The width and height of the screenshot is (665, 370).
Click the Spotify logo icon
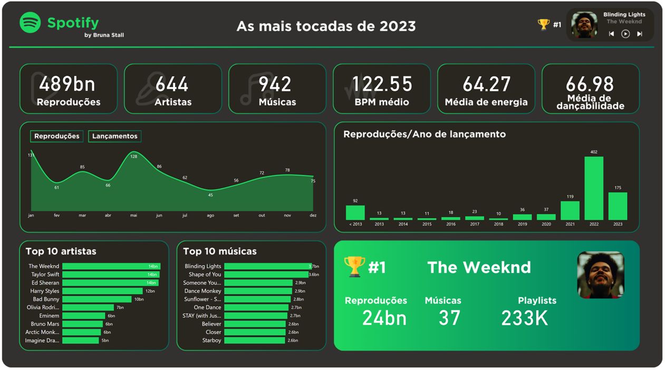(x=30, y=23)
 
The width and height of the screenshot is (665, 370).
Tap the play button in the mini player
(x=625, y=34)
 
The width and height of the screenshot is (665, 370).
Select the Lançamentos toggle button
(x=114, y=136)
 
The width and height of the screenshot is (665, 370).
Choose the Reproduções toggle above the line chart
(x=56, y=136)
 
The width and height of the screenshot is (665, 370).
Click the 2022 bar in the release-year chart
(x=594, y=188)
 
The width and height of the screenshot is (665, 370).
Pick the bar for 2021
(x=570, y=210)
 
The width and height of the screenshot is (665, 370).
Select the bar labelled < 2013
(x=355, y=212)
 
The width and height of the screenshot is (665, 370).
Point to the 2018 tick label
(x=498, y=224)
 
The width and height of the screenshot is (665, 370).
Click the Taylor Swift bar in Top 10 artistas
(x=111, y=274)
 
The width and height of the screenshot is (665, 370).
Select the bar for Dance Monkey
(x=258, y=291)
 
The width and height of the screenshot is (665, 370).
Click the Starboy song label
(x=211, y=340)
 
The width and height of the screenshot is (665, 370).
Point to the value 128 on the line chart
(x=133, y=156)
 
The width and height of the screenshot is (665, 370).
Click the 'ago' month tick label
(x=210, y=215)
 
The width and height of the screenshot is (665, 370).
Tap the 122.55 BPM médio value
(x=382, y=84)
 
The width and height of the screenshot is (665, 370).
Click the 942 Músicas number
(x=275, y=84)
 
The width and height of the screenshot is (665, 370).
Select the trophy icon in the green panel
(x=354, y=267)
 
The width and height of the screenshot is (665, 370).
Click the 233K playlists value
(x=524, y=318)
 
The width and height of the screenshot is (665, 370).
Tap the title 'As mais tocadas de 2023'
(x=326, y=26)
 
